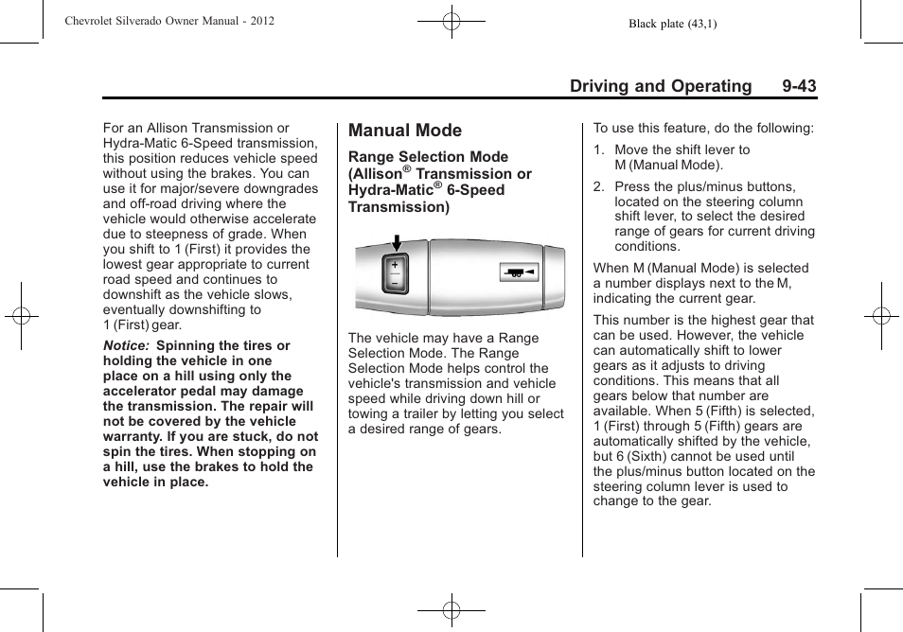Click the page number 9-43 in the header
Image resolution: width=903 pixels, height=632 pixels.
(799, 86)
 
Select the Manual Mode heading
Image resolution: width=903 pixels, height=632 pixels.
(405, 131)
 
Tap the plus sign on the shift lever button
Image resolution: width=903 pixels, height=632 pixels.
(395, 266)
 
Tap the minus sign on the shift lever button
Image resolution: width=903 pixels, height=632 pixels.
(395, 283)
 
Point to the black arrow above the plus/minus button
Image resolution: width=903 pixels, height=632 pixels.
(396, 243)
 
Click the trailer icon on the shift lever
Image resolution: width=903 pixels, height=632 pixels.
(517, 272)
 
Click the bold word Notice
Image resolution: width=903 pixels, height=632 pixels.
(126, 346)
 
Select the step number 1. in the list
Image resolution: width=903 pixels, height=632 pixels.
(599, 149)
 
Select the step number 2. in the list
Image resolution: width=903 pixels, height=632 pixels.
(599, 187)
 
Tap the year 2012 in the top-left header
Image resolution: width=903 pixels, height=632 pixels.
(260, 20)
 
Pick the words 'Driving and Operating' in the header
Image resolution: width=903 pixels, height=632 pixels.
(661, 86)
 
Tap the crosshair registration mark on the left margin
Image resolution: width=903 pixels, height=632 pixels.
(21, 316)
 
